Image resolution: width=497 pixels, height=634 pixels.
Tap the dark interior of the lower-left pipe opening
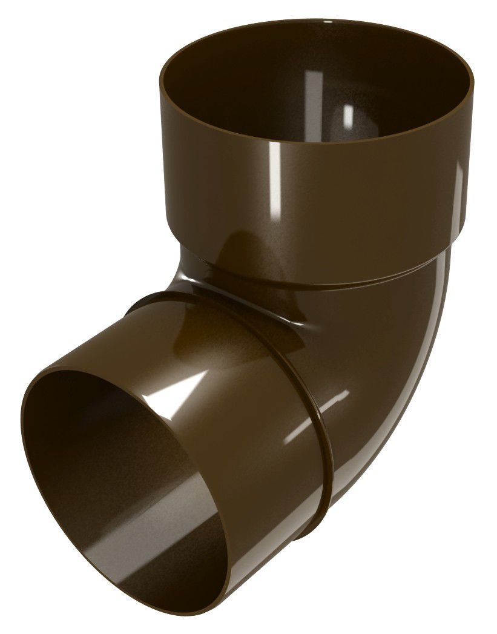pyautogui.click(x=103, y=460)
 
